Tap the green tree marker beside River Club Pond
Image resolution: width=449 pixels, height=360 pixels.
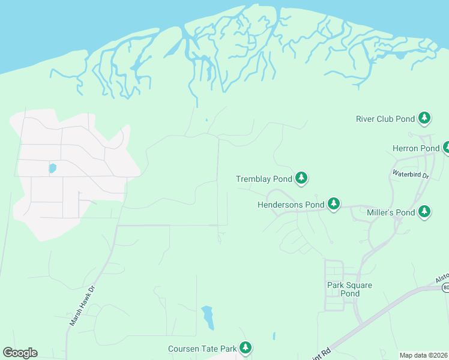pos(425,118)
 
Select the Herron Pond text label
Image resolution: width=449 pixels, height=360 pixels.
pos(416,148)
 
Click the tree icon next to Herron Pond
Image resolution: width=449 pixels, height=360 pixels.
pos(447,147)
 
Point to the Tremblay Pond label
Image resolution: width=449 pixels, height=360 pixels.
pos(264,179)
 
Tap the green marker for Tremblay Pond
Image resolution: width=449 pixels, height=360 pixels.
pos(301,178)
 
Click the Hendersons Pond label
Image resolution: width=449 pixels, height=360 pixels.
pos(291,205)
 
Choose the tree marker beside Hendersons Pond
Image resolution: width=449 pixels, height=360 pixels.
pos(334,204)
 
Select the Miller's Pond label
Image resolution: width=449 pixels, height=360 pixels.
pos(389,212)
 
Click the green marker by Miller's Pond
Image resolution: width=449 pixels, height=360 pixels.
pos(424,211)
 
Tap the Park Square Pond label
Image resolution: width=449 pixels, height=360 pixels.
pos(350,289)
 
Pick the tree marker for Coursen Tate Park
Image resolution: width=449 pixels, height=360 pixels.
pos(245,347)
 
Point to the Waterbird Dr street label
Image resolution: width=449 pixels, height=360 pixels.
pos(411,175)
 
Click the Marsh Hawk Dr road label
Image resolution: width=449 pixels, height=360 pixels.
pos(82,305)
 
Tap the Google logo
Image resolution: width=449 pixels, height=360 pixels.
pos(20,353)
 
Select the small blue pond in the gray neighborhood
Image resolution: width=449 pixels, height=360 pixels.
pos(53,169)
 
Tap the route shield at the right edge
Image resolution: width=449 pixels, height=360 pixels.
pos(446,288)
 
